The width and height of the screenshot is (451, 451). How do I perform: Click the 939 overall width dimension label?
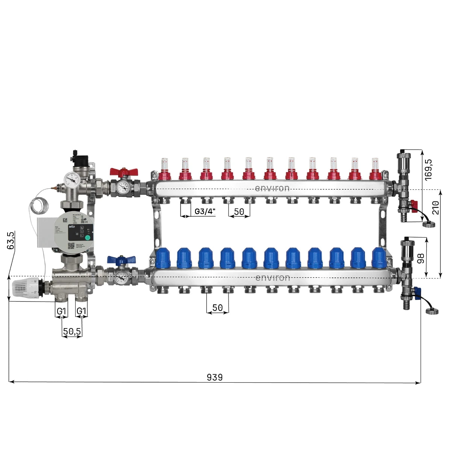tap(215, 377)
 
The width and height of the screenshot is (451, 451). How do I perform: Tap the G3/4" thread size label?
tap(205, 212)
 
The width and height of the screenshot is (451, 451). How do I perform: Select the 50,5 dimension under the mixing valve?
tap(72, 331)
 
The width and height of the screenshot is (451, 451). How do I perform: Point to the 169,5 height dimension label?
tap(428, 170)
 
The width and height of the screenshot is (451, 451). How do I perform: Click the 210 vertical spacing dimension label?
tap(436, 207)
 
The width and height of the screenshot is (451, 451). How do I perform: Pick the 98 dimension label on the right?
tap(421, 258)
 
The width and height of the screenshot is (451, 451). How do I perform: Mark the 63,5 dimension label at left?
tap(11, 241)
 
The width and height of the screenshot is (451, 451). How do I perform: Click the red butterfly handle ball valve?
tap(124, 173)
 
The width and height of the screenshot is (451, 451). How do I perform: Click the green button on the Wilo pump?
tap(87, 237)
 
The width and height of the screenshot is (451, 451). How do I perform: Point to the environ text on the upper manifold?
tap(272, 188)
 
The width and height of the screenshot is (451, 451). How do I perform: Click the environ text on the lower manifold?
tap(272, 278)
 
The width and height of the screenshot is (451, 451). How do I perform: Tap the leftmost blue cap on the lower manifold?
tap(163, 257)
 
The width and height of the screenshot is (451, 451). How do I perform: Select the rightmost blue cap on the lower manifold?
tap(378, 257)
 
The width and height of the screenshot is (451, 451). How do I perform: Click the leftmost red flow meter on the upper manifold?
tap(164, 169)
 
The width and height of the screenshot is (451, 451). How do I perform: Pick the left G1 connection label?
tap(61, 311)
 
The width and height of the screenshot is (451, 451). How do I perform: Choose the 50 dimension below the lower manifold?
tap(217, 308)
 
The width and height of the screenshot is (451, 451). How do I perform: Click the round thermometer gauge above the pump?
tap(71, 180)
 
